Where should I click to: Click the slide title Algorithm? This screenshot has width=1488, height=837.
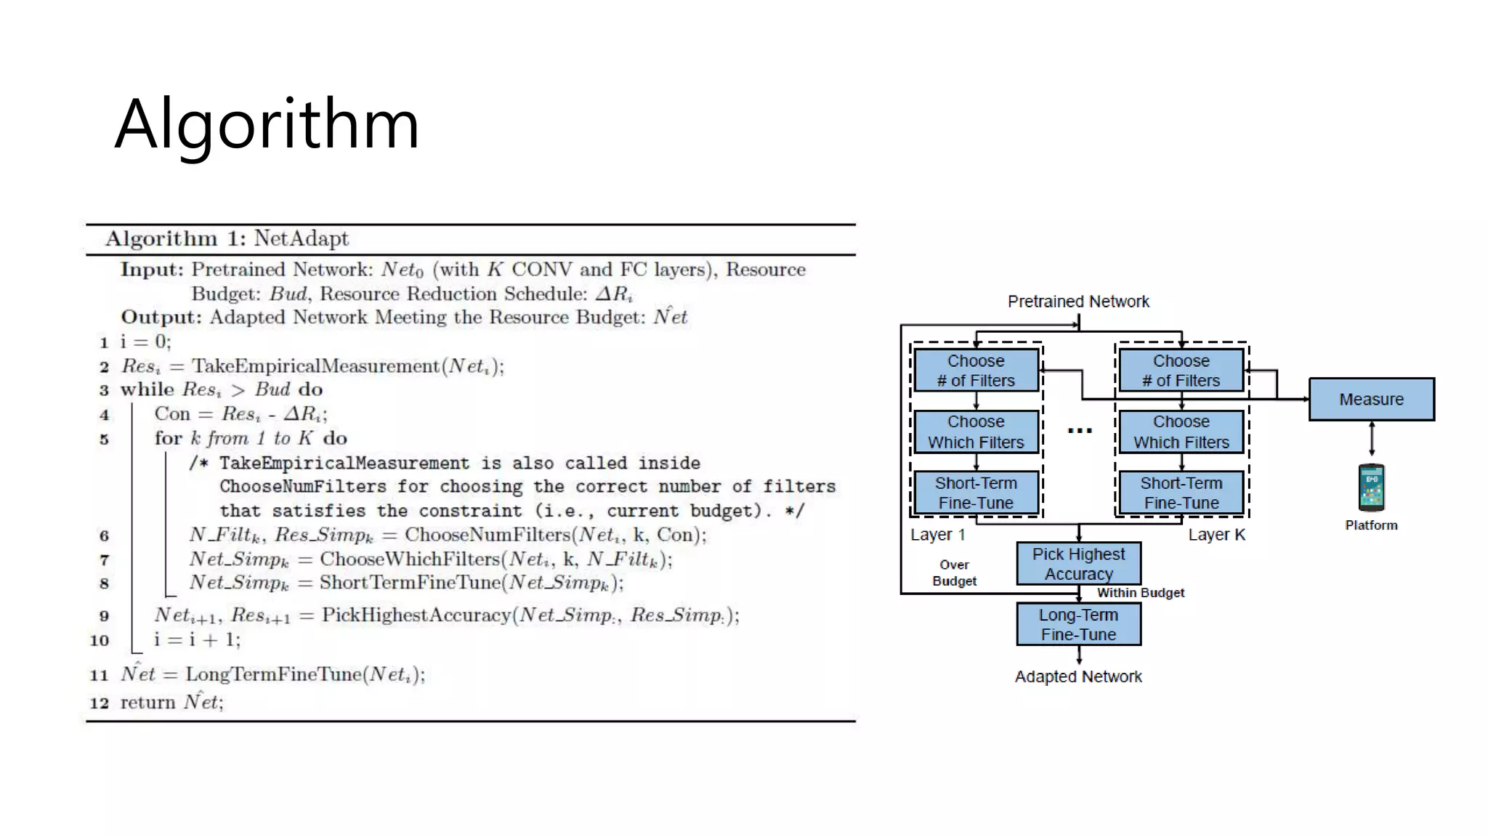click(x=267, y=125)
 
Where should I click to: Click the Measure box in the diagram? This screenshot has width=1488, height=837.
click(x=1371, y=399)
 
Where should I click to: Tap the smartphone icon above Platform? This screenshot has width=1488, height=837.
click(x=1371, y=488)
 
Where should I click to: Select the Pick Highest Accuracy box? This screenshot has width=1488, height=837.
click(x=1078, y=564)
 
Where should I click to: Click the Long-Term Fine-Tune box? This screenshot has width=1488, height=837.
click(x=1078, y=624)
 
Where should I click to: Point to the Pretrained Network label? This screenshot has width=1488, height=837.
click(x=1078, y=302)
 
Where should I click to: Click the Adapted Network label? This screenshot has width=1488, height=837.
click(x=1078, y=676)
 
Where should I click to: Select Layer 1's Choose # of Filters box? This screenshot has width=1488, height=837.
click(x=976, y=371)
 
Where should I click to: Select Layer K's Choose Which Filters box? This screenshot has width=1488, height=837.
click(x=1181, y=432)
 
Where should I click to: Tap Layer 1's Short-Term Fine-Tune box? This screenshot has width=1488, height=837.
click(x=976, y=493)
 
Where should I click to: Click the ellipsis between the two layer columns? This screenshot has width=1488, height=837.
click(x=1080, y=431)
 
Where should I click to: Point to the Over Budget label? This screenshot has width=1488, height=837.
click(x=954, y=573)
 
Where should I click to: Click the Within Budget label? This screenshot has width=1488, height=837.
click(x=1140, y=593)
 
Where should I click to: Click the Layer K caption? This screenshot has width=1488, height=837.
click(x=1216, y=535)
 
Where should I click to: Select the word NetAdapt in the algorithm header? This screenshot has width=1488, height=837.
click(x=301, y=238)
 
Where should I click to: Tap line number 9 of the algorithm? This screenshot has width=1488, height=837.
click(x=104, y=616)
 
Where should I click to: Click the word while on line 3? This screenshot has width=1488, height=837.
click(x=147, y=389)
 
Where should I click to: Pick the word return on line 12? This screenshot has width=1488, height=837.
click(x=147, y=703)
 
